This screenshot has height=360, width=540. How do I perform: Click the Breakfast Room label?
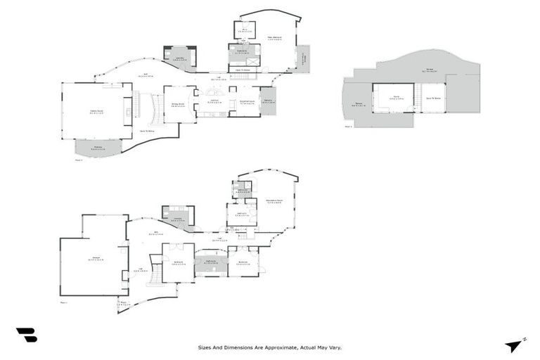coord(247,102)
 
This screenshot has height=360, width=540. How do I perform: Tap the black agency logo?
coord(26,335)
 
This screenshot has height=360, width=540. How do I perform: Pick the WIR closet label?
coord(243,30)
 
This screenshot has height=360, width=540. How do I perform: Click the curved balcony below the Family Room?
coord(98,148)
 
